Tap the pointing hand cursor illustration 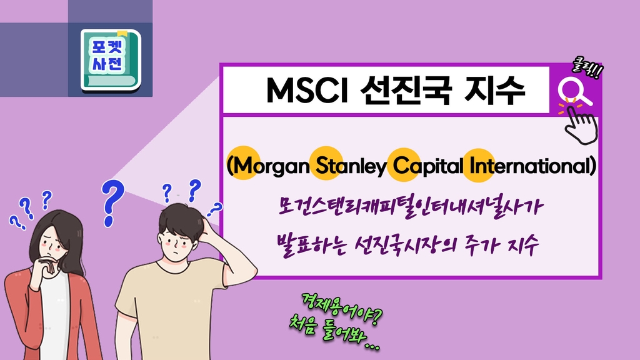point(581,125)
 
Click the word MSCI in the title point(306,90)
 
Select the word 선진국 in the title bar point(405,90)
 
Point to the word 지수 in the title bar point(495,90)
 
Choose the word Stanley point(351,166)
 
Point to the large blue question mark point(112,203)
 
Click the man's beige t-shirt point(171,310)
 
